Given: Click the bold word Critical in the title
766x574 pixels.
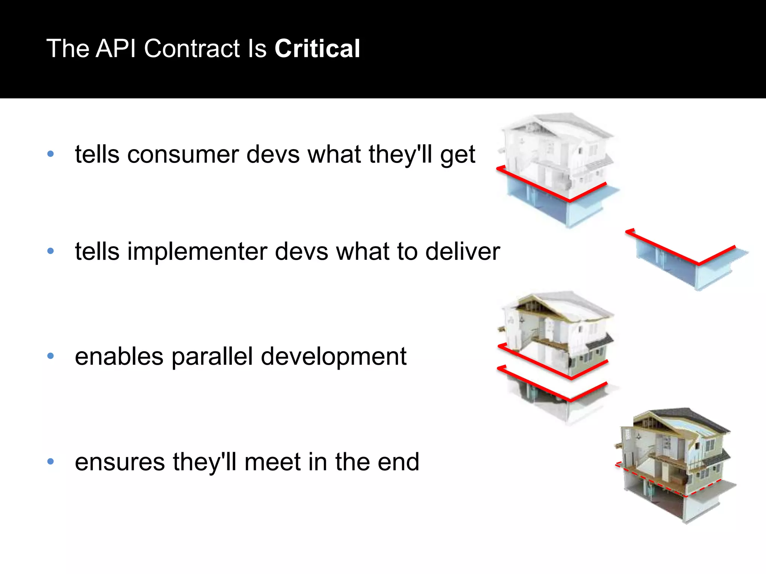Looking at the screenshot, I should (x=317, y=49).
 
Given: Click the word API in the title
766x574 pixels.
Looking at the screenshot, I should (x=116, y=49).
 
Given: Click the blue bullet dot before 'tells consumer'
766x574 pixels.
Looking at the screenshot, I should (x=51, y=154).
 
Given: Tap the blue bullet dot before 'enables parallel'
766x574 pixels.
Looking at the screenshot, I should (x=51, y=356).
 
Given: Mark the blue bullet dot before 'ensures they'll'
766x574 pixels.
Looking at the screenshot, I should (x=51, y=462).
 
